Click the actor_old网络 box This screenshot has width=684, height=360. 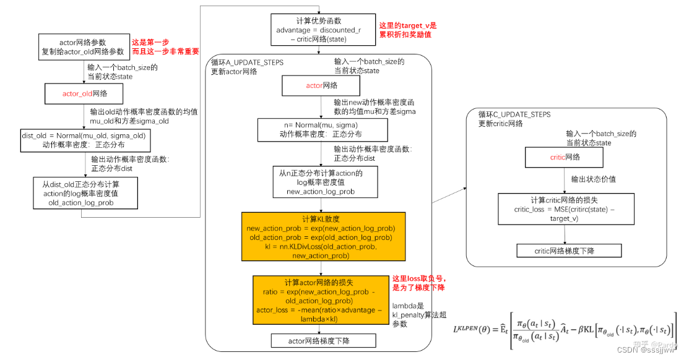pos(84,94)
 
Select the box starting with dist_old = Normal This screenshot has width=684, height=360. pos(84,140)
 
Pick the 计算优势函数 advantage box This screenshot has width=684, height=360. pos(318,30)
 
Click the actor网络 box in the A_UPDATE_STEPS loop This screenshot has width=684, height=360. pos(322,85)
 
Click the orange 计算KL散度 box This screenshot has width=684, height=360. pos(322,238)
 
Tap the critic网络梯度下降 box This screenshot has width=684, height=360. pos(569,251)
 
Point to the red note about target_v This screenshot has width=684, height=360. pos(408,30)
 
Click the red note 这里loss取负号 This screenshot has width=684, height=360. pos(419,283)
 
